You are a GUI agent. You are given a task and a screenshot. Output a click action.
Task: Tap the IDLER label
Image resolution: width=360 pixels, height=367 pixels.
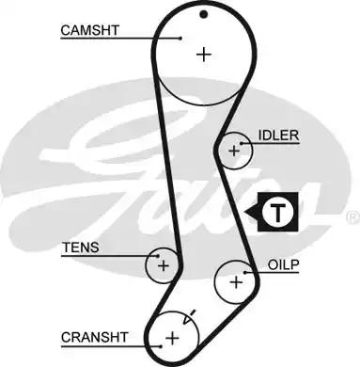click(x=279, y=136)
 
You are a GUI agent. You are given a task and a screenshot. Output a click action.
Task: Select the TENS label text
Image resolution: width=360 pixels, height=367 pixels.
click(x=80, y=248)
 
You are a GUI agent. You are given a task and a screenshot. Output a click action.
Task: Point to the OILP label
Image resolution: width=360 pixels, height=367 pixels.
click(x=284, y=265)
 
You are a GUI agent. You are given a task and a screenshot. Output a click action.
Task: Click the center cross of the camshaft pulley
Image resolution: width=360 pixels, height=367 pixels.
click(x=204, y=55)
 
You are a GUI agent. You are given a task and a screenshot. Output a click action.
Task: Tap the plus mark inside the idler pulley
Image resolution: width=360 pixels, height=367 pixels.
click(x=235, y=150)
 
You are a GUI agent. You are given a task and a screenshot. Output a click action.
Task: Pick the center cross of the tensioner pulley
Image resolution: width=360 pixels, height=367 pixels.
click(x=163, y=265)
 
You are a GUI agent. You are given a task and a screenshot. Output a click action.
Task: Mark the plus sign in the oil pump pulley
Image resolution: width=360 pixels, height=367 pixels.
click(x=236, y=279)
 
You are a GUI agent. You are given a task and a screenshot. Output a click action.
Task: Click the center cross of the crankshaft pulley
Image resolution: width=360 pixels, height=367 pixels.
click(x=173, y=336)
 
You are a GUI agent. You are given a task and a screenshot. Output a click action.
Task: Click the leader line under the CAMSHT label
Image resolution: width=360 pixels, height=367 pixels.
click(x=122, y=39)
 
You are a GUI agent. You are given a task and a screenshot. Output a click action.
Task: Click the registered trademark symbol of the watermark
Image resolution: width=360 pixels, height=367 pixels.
click(x=352, y=216)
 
